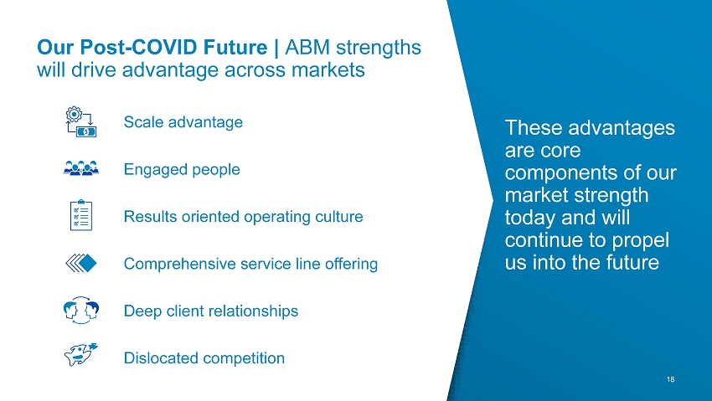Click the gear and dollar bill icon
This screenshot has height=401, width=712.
[x=80, y=121]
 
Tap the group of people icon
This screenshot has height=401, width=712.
[x=81, y=168]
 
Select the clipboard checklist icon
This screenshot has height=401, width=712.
[x=81, y=215]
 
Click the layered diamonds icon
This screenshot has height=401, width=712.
[x=81, y=263]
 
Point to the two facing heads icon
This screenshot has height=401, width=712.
[x=81, y=311]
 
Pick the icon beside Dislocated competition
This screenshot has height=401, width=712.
[x=80, y=354]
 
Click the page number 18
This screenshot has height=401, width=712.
[x=671, y=379]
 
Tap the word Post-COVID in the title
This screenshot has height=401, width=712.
[x=173, y=47]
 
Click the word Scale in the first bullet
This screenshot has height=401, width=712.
[x=143, y=122]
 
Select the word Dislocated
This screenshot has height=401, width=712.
[x=160, y=358]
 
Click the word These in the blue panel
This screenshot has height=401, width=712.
[x=533, y=127]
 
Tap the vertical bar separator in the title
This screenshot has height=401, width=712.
[x=276, y=48]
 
